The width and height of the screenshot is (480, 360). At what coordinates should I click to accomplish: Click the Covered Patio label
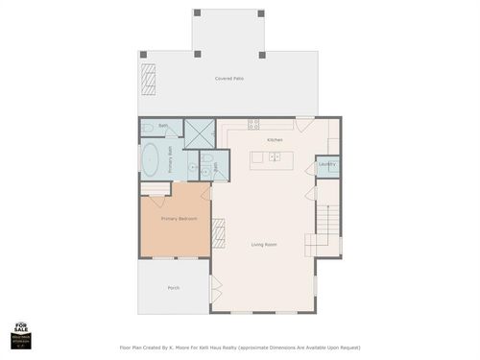(x=228, y=78)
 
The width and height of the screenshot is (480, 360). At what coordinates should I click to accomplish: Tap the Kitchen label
(x=275, y=140)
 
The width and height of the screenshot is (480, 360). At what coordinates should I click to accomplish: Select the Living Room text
(x=264, y=245)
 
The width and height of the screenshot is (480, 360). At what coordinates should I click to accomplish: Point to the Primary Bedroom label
(x=179, y=219)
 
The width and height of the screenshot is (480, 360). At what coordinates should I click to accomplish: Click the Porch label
(x=174, y=287)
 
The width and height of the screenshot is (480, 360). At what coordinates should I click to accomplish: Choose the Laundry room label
(x=326, y=165)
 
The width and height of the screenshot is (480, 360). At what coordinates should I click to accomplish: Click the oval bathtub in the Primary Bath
(x=151, y=159)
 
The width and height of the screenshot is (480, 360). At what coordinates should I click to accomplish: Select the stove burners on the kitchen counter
(x=254, y=123)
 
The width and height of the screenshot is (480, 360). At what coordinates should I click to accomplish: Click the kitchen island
(x=270, y=160)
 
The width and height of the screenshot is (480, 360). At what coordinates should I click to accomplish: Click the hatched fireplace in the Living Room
(x=218, y=232)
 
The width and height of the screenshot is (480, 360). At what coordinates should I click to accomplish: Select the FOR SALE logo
(x=21, y=332)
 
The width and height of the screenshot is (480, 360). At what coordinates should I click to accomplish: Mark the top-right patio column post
(x=261, y=13)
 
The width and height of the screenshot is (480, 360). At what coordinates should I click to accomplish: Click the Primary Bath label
(x=171, y=156)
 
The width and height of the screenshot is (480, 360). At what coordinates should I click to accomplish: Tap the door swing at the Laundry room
(x=310, y=168)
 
